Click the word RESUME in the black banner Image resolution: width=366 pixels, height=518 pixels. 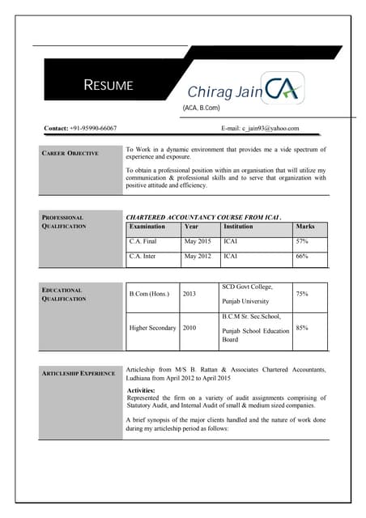tap(109, 86)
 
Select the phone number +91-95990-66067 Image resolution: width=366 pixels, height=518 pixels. tap(92, 128)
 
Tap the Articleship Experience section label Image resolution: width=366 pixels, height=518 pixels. tap(78, 373)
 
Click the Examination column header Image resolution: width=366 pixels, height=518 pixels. tap(147, 227)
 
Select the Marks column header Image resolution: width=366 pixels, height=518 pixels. tap(305, 227)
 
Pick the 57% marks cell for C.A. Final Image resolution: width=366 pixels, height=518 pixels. tap(302, 241)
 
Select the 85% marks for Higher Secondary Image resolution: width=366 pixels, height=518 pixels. tap(302, 328)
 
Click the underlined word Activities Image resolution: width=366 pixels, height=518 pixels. tap(147, 390)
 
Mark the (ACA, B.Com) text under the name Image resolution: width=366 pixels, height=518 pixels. tap(203, 108)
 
